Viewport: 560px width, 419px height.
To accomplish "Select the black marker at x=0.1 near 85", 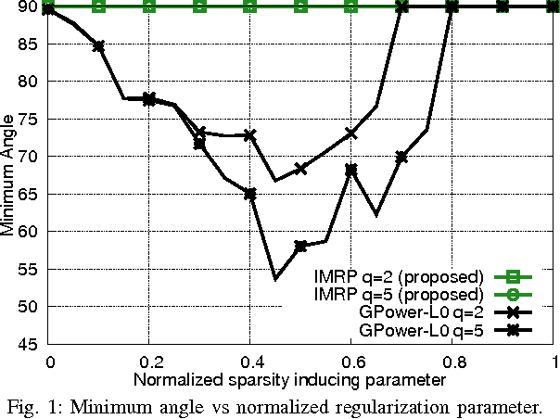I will pyautogui.click(x=99, y=45).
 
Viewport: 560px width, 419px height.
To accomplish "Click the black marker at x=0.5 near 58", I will pyautogui.click(x=300, y=246).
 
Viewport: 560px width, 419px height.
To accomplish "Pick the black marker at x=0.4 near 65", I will pyautogui.click(x=250, y=194).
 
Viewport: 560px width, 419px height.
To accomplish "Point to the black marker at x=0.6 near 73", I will pyautogui.click(x=351, y=133).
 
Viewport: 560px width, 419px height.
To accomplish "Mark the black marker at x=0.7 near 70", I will pyautogui.click(x=401, y=157).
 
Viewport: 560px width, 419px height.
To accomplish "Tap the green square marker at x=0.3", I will pyautogui.click(x=200, y=6).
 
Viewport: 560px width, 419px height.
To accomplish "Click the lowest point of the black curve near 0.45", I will pyautogui.click(x=275, y=278).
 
